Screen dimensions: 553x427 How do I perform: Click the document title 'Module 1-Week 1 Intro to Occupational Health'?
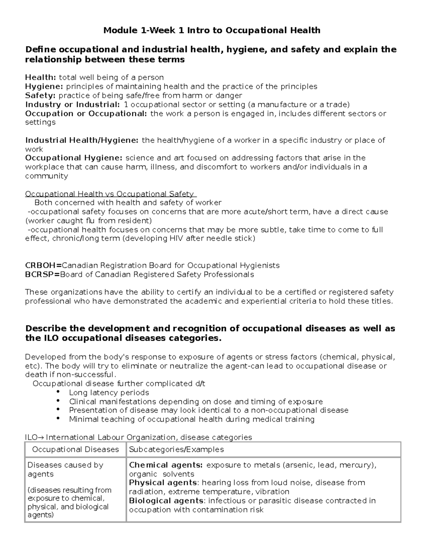point(212,30)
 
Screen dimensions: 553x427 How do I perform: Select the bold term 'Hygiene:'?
point(44,87)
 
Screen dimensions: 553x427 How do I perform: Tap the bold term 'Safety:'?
point(41,95)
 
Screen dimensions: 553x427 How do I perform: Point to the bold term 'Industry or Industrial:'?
point(73,104)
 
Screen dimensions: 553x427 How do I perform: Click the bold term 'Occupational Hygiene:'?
point(74,158)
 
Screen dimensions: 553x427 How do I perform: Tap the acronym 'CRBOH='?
point(43,266)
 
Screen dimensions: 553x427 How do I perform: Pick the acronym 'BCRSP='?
point(42,275)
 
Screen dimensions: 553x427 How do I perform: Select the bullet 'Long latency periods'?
point(109,393)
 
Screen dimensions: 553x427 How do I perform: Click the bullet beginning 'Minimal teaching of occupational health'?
point(192,419)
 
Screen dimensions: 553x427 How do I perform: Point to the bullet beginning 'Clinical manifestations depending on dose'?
point(196,402)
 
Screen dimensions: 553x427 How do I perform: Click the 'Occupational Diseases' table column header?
point(75,449)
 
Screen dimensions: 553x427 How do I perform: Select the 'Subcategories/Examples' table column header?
point(176,449)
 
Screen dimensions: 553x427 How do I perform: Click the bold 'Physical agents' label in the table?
point(163,483)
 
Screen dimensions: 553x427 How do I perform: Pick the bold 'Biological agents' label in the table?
point(166,501)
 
